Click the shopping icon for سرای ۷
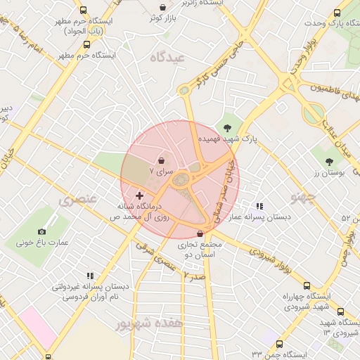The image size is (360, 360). point(161,160)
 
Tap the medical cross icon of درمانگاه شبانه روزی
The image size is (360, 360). point(139,195)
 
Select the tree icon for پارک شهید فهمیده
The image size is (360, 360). point(227,128)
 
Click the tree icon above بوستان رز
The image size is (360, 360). point(330,161)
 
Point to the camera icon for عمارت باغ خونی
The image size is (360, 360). point(42,231)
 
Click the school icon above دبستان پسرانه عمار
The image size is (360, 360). point(259,206)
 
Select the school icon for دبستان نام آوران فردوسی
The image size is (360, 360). point(89,276)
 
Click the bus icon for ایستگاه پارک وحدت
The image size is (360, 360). point(337,13)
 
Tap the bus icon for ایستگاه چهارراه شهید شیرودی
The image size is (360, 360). point(307,285)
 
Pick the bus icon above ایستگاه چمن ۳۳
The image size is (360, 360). point(279,344)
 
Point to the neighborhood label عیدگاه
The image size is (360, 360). point(167,58)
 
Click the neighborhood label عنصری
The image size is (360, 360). point(75,200)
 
